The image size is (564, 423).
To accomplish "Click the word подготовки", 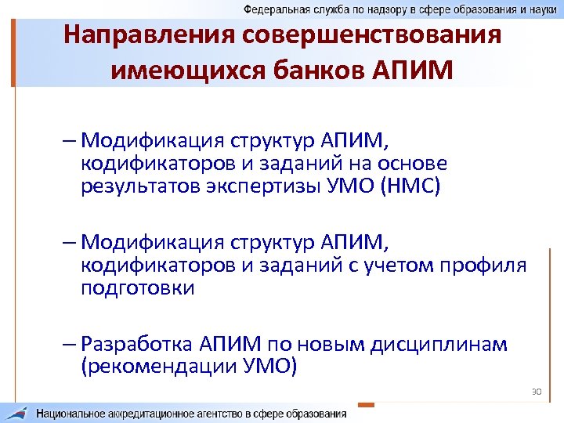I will [137, 289].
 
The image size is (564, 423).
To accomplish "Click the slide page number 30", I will [537, 390].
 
